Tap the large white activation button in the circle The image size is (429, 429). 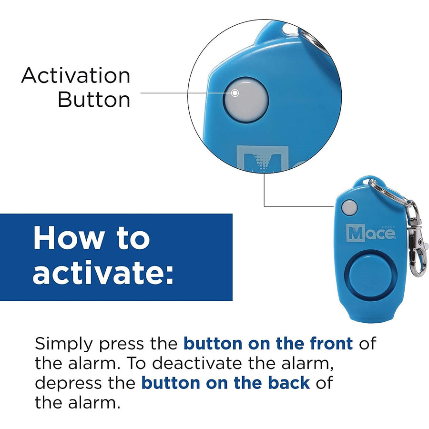click(245, 100)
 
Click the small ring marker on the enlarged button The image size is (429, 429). click(235, 93)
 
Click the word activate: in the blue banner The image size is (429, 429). click(103, 272)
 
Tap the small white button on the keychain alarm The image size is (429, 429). click(349, 207)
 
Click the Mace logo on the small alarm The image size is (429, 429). click(371, 233)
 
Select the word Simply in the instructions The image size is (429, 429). click(64, 344)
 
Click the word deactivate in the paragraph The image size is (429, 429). click(197, 363)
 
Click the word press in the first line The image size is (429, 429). click(121, 345)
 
